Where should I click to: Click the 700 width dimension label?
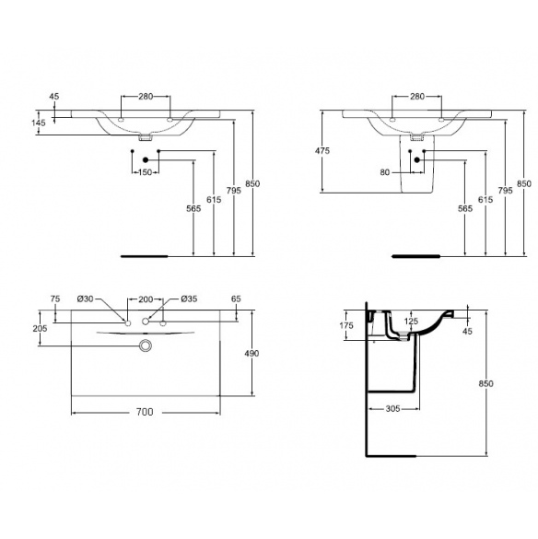point(145,412)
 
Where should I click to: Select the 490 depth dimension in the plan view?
point(251,353)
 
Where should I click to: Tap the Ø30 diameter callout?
point(86,299)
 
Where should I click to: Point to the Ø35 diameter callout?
point(189,299)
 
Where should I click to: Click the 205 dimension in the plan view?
point(40,328)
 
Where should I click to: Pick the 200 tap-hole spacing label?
point(146,299)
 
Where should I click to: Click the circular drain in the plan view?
point(146,346)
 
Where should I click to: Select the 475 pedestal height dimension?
point(322,150)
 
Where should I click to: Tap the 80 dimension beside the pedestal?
point(385,172)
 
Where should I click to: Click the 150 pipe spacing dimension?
point(146,172)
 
